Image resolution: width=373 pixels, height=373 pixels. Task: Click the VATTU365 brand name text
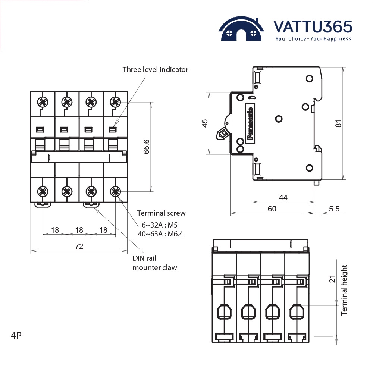click(313, 27)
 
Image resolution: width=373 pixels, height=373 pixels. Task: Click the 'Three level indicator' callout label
click(156, 69)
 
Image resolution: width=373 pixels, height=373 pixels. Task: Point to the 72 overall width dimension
click(79, 246)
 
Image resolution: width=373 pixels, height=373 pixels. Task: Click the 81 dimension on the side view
click(338, 123)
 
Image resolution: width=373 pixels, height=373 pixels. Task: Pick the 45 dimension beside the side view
click(205, 123)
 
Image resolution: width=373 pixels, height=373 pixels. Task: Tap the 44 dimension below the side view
click(283, 198)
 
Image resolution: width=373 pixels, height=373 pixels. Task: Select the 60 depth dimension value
click(272, 209)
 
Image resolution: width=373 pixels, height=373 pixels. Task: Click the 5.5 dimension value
click(334, 209)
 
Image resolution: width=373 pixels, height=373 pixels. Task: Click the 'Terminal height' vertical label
click(344, 290)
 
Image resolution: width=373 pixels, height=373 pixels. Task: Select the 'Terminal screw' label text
click(161, 213)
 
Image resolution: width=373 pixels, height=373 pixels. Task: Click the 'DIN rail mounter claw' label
click(155, 263)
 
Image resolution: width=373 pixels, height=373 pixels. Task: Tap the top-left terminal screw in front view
click(43, 101)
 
